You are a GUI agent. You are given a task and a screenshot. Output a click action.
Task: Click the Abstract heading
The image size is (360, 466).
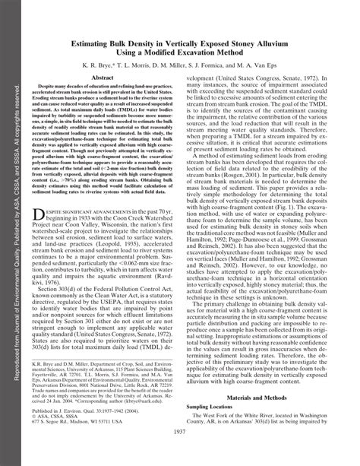click(x=103, y=78)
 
